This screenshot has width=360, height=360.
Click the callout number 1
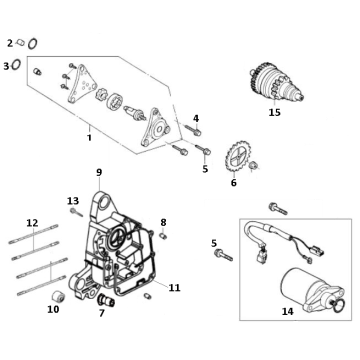tap(89, 137)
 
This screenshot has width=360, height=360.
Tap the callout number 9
tap(98, 172)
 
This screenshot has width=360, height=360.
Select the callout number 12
tap(31, 221)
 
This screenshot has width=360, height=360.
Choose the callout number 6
tap(234, 183)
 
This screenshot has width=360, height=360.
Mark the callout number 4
tap(196, 118)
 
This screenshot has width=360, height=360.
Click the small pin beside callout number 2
tap(17, 44)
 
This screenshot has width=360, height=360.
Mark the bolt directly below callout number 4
tap(198, 132)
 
